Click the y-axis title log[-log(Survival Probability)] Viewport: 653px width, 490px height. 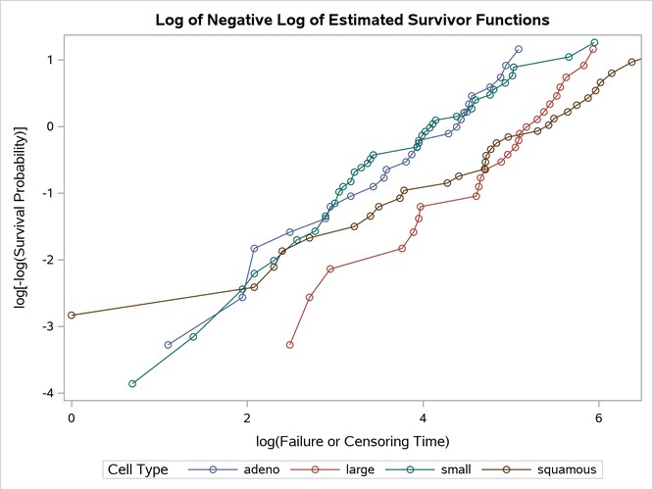(20, 220)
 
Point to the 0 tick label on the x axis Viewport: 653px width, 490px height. (72, 416)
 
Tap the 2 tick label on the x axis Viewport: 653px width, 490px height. (247, 416)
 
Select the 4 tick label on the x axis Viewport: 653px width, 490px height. (423, 416)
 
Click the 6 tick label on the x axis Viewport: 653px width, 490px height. (598, 416)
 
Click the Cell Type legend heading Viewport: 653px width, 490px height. (137, 469)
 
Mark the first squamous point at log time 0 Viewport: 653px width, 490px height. (72, 316)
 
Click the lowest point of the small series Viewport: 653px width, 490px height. (132, 384)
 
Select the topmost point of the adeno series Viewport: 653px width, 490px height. (519, 49)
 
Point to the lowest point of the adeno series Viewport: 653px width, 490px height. (168, 345)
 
